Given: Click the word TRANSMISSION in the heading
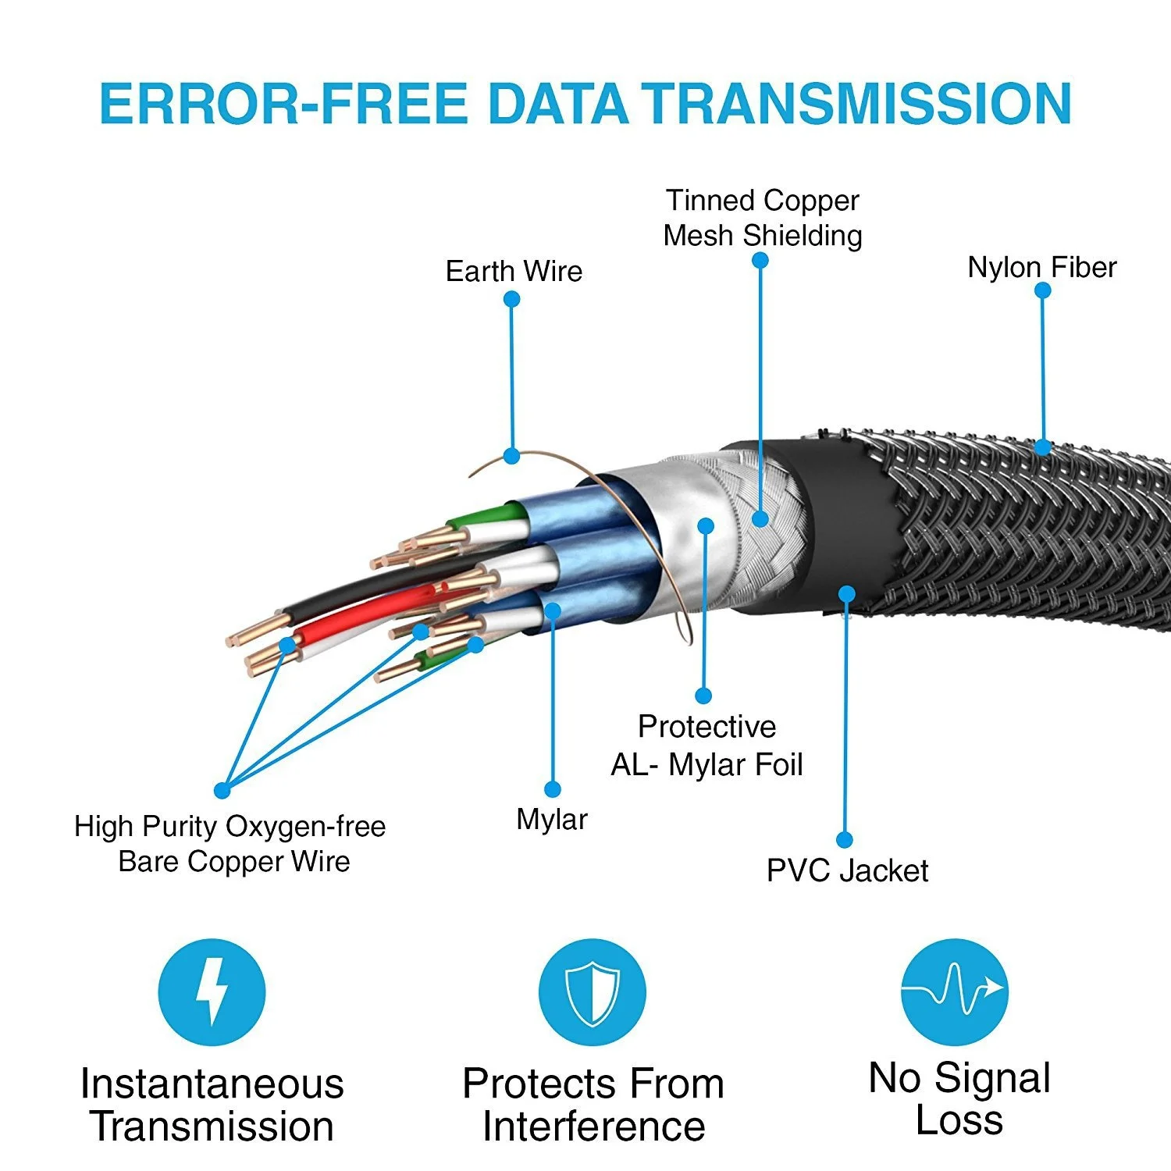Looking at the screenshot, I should (x=856, y=104).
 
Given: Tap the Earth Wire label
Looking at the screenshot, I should (x=514, y=272).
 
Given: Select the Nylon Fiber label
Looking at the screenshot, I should (x=1041, y=268).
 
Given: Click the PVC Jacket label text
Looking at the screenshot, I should (x=847, y=871).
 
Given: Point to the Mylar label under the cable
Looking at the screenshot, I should (x=552, y=820).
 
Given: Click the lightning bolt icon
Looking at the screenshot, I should (x=212, y=992).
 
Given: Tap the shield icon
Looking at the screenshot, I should (x=592, y=992).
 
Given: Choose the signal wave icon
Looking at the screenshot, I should (x=954, y=991).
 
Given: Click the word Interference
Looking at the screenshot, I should (x=593, y=1127).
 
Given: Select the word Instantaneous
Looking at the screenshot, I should (x=212, y=1084).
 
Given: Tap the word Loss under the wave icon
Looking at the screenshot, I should (x=959, y=1120).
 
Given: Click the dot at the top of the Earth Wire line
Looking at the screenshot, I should (x=512, y=299).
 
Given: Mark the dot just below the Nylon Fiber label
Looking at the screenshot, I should (x=1042, y=290).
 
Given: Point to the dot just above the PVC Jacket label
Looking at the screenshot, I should (x=845, y=840).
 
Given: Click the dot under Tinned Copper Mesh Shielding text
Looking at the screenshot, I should (x=760, y=260).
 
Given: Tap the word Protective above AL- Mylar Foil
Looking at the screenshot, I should (x=707, y=727).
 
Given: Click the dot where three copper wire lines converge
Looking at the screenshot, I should (x=222, y=791).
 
